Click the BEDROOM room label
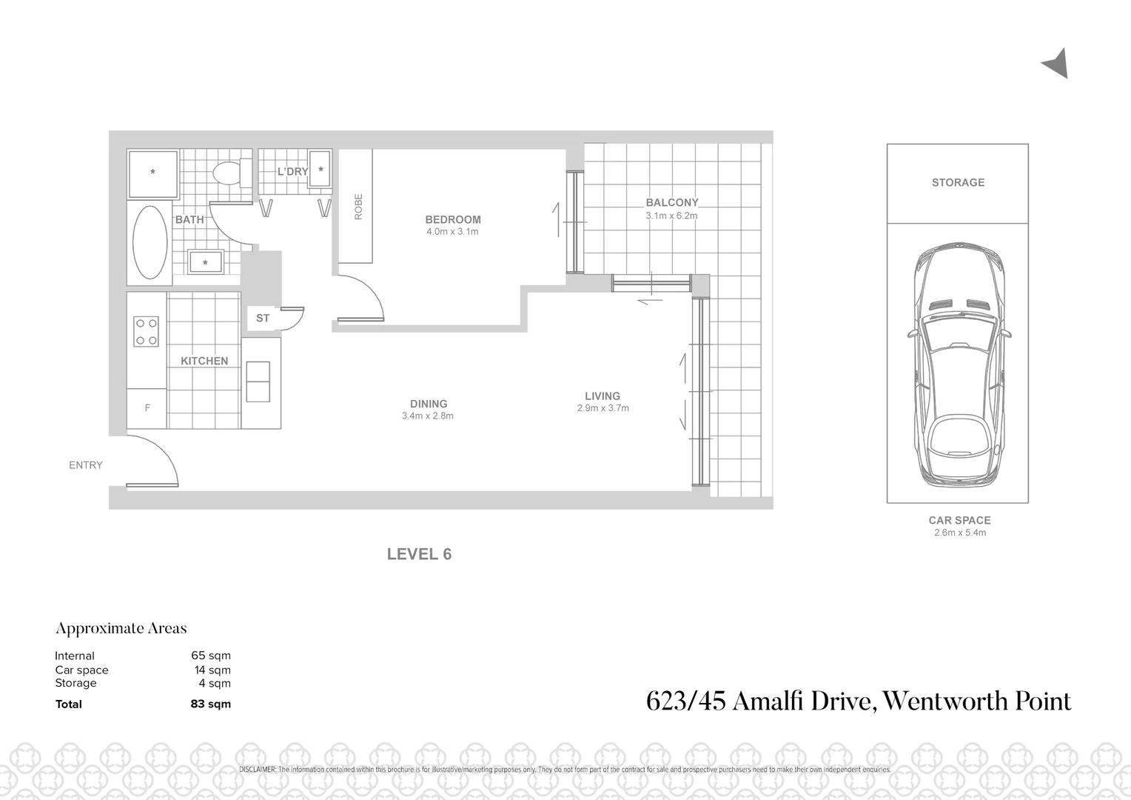pyautogui.click(x=452, y=219)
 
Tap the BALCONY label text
pyautogui.click(x=671, y=202)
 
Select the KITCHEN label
pyautogui.click(x=204, y=361)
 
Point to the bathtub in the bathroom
pyautogui.click(x=150, y=241)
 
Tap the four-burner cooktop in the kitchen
pyautogui.click(x=145, y=331)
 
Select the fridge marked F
pyautogui.click(x=147, y=408)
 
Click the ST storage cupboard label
pyautogui.click(x=263, y=318)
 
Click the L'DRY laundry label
pyautogui.click(x=292, y=171)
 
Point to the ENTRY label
pyautogui.click(x=86, y=465)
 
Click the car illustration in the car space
pyautogui.click(x=958, y=362)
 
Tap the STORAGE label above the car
pyautogui.click(x=958, y=182)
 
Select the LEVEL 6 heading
pyautogui.click(x=419, y=554)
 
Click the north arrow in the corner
pyautogui.click(x=1056, y=64)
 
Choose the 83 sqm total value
pyautogui.click(x=210, y=704)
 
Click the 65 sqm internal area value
pyautogui.click(x=211, y=656)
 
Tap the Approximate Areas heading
pyautogui.click(x=121, y=628)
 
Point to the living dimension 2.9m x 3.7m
pyautogui.click(x=603, y=408)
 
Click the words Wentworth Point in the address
pyautogui.click(x=977, y=701)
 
